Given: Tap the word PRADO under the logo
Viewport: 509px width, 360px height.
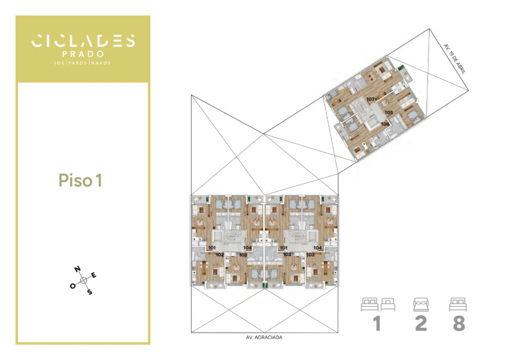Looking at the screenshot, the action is pyautogui.click(x=83, y=54).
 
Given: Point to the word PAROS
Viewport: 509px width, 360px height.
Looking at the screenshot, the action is pyautogui.click(x=78, y=63).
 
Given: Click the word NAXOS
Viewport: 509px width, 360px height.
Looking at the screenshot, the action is pyautogui.click(x=101, y=63).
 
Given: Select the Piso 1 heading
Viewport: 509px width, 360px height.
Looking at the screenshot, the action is pyautogui.click(x=80, y=180).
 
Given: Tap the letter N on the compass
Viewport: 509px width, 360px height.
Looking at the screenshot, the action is pyautogui.click(x=77, y=269).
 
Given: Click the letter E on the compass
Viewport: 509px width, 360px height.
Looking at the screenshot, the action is pyautogui.click(x=94, y=275).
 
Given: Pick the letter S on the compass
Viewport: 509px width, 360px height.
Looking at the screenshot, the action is pyautogui.click(x=90, y=292).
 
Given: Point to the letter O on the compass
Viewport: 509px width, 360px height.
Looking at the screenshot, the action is pyautogui.click(x=73, y=286).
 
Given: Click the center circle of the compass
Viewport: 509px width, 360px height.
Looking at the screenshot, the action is pyautogui.click(x=84, y=280).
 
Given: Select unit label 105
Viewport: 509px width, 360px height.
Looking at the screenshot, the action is pyautogui.click(x=389, y=112).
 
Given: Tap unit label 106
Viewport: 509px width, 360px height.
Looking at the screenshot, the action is pyautogui.click(x=385, y=124).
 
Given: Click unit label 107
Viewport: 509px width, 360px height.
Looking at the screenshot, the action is pyautogui.click(x=370, y=99).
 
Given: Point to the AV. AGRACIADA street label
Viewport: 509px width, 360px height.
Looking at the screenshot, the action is pyautogui.click(x=264, y=337).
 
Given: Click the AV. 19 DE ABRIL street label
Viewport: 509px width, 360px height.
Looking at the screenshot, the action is pyautogui.click(x=455, y=59).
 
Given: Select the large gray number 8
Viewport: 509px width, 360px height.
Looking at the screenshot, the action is pyautogui.click(x=459, y=323).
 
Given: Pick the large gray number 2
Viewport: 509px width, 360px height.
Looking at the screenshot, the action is pyautogui.click(x=421, y=323).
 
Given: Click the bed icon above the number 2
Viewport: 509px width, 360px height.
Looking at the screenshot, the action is pyautogui.click(x=421, y=304).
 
